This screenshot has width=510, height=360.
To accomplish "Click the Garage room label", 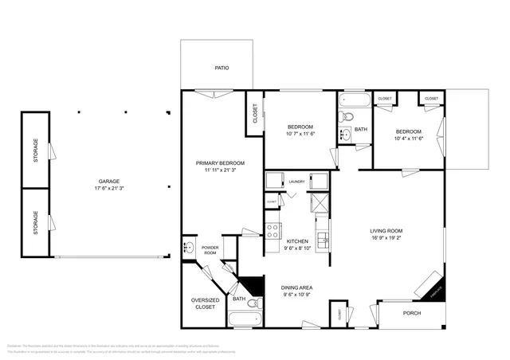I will click(x=109, y=181).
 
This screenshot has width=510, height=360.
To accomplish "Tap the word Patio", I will click(x=222, y=68).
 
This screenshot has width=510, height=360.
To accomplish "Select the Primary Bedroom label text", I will click(x=221, y=162).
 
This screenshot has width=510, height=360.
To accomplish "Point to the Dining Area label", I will click(x=297, y=288).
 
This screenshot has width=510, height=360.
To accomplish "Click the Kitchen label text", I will click(x=297, y=241).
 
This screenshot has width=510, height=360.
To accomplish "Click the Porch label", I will click(x=411, y=313).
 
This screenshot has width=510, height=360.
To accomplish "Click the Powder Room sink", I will click(x=189, y=248).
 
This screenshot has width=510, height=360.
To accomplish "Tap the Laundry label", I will click(x=297, y=182).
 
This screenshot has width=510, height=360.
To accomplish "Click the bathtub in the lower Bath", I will click(x=244, y=320).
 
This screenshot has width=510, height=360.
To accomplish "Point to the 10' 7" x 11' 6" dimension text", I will click(x=300, y=134).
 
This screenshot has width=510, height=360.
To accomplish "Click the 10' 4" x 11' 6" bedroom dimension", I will click(x=408, y=139).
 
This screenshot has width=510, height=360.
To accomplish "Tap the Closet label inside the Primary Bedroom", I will click(x=255, y=115).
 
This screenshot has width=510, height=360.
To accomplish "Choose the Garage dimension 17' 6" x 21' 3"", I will click(x=109, y=188).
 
